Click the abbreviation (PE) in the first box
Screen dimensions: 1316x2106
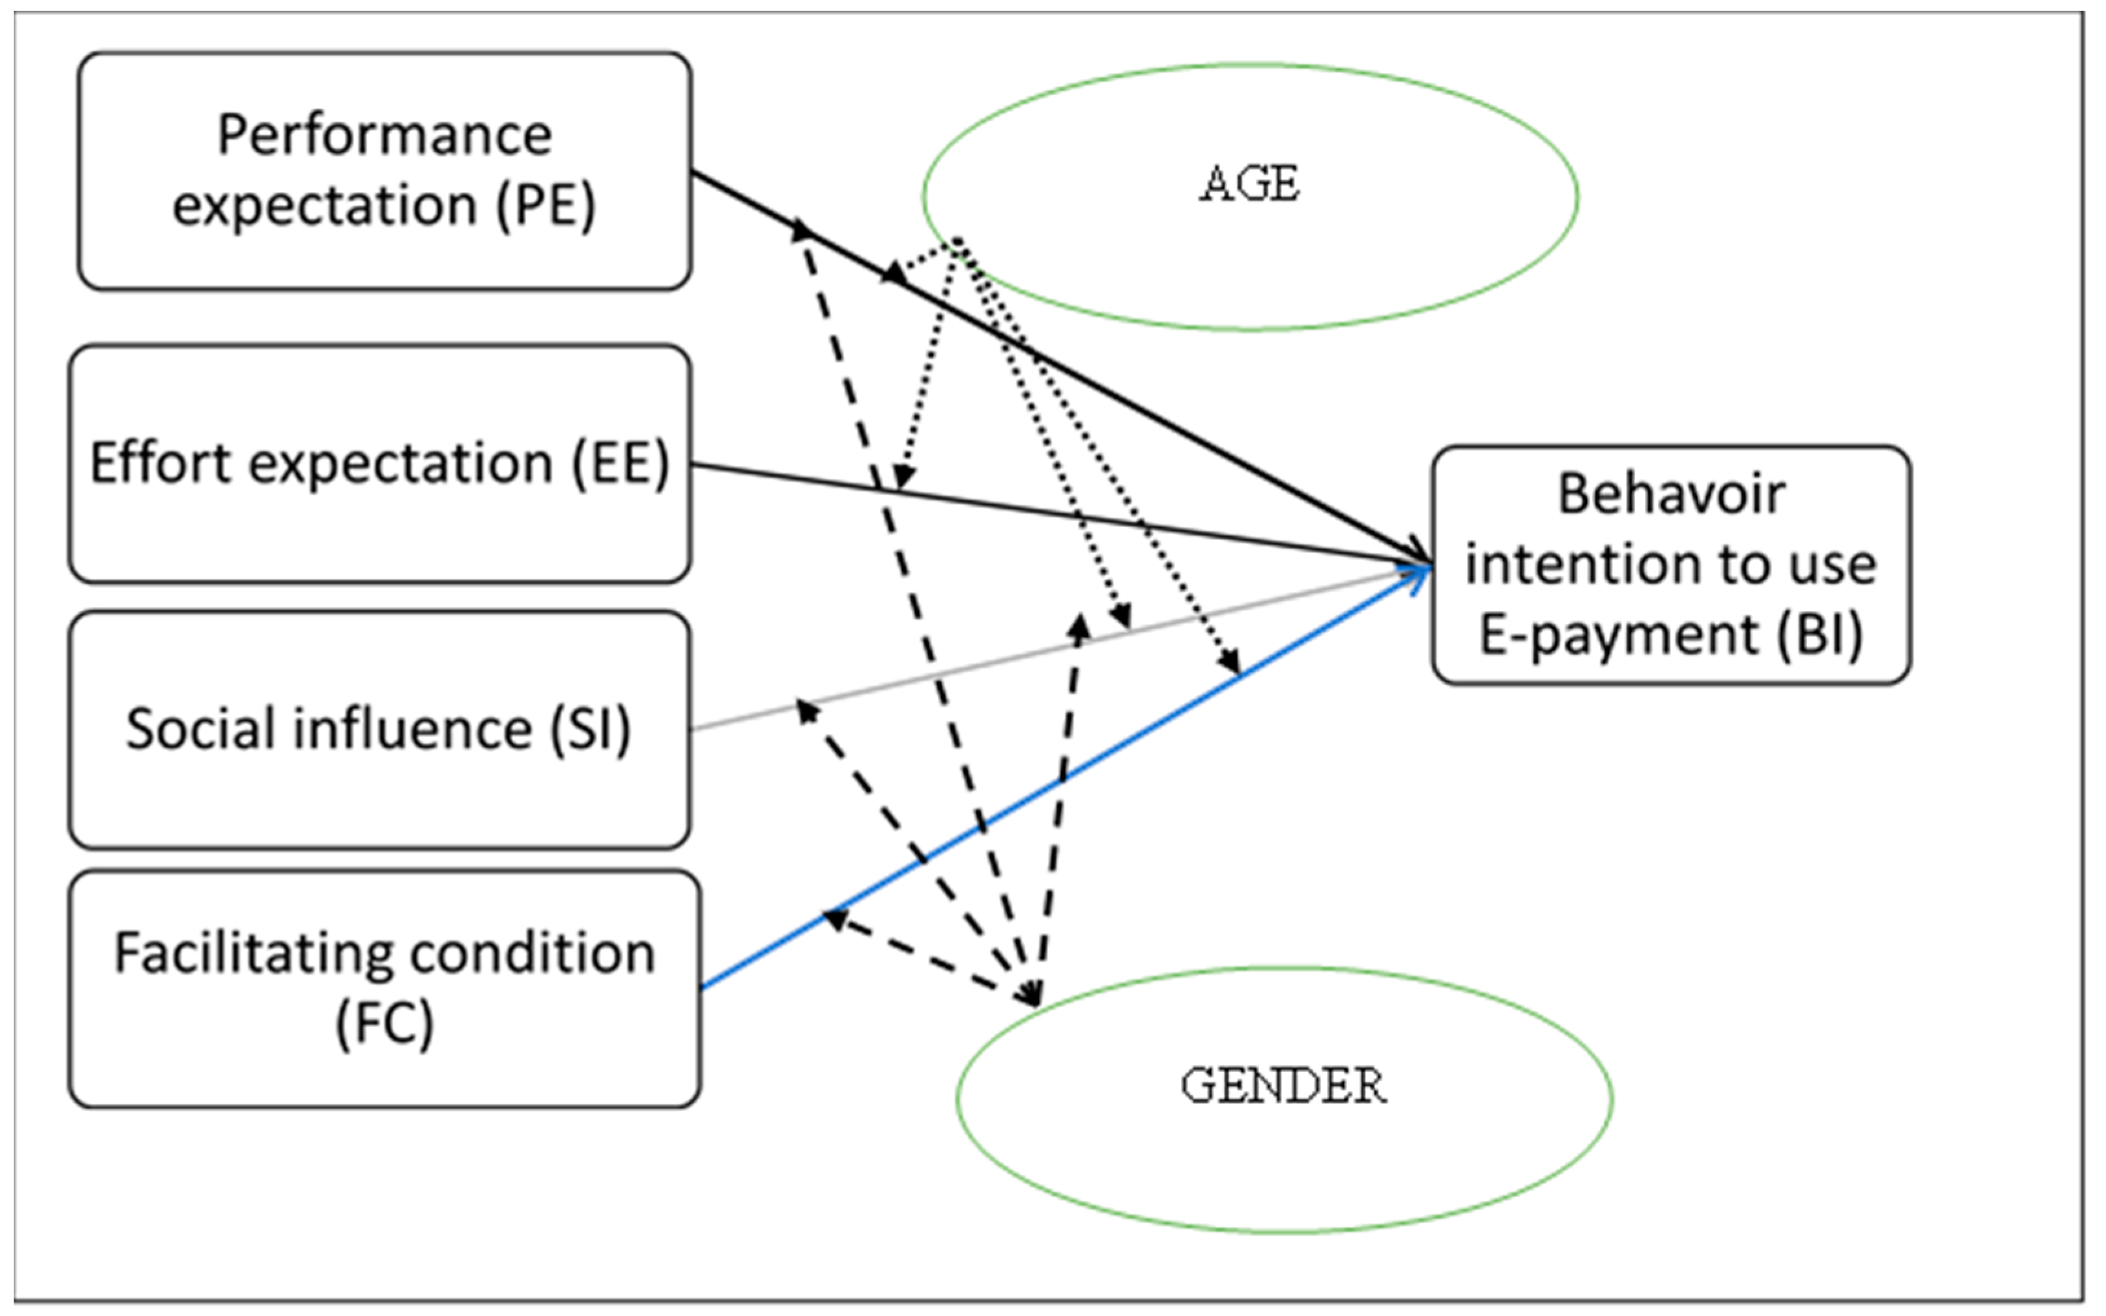pyautogui.click(x=546, y=206)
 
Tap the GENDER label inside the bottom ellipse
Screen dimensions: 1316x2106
pyautogui.click(x=1283, y=1085)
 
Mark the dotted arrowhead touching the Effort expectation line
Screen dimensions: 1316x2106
pyautogui.click(x=903, y=477)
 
